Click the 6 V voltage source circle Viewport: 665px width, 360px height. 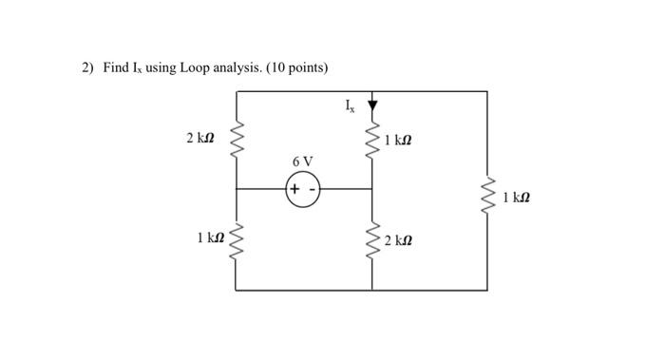click(303, 189)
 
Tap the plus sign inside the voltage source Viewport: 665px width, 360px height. click(294, 189)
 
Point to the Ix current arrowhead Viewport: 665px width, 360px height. click(371, 104)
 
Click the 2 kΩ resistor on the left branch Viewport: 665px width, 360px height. click(236, 140)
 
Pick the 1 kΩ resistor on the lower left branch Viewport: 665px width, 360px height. click(236, 239)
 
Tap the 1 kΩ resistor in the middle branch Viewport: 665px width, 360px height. click(371, 141)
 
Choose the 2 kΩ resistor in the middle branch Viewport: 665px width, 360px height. click(371, 239)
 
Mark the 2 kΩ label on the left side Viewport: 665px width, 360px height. click(200, 140)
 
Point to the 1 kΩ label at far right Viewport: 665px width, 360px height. click(517, 198)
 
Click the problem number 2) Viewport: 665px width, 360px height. click(87, 67)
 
